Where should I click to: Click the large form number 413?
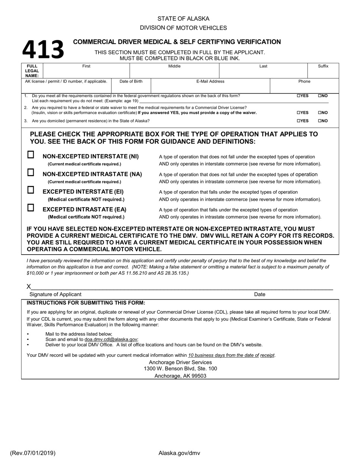tap(43, 50)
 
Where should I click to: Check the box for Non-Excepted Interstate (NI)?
tap(31, 155)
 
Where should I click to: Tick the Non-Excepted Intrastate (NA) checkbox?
tap(31, 172)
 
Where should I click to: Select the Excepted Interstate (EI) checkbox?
tap(31, 190)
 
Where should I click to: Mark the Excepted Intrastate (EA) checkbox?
tap(31, 208)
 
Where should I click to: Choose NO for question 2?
tap(319, 113)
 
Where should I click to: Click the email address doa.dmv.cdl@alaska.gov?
tap(111, 339)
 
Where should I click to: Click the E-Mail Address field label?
tap(210, 81)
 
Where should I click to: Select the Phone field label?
tap(304, 81)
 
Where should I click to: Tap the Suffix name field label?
tap(323, 66)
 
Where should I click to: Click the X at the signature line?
tap(29, 287)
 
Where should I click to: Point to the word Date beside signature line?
tap(260, 294)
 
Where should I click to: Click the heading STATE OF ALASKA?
tap(183, 19)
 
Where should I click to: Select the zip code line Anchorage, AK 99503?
tap(180, 376)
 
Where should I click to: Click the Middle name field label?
tap(174, 66)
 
